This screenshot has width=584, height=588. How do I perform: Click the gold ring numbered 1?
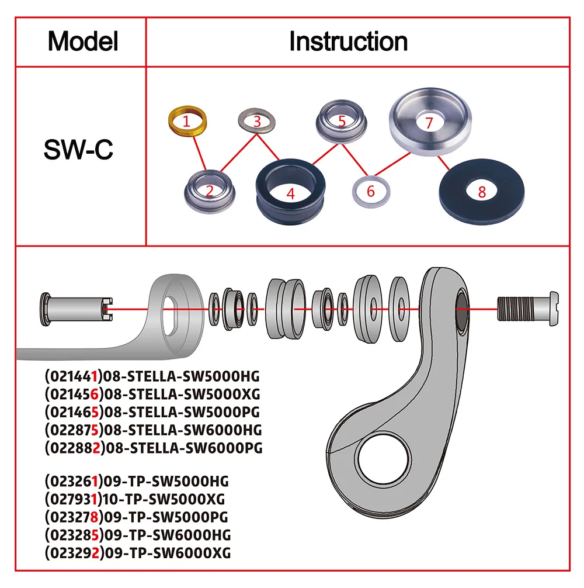tap(186, 121)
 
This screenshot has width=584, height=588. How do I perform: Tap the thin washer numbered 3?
tap(256, 122)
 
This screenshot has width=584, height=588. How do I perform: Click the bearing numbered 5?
tap(341, 121)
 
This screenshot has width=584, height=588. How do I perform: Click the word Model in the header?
tap(83, 41)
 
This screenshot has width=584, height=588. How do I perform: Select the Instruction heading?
tap(348, 41)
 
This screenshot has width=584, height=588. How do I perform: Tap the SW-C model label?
tap(78, 150)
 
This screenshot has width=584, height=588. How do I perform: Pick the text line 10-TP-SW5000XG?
tap(134, 499)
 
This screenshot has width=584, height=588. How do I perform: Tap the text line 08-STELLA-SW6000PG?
tap(153, 448)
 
